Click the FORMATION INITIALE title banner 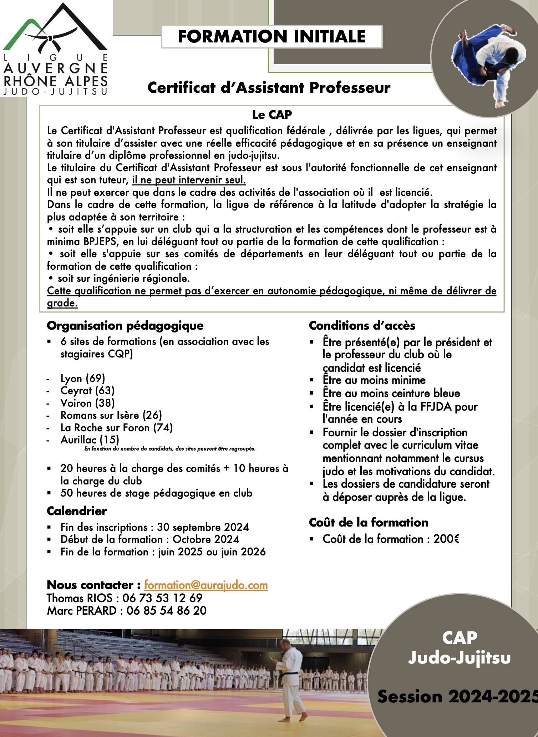pos(271,37)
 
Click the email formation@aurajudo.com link pos(206,585)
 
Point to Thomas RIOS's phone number pos(162,598)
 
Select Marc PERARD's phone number pos(166,610)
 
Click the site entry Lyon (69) pos(83,378)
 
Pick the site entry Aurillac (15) pos(90,439)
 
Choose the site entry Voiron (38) pos(87,403)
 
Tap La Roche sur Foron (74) pos(116,427)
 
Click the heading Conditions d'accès pos(362,325)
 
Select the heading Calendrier pos(77,511)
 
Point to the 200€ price pos(446,539)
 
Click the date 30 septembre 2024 pos(203,527)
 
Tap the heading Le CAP pos(272,115)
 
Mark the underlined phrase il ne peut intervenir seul pos(189,180)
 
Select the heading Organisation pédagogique pos(125,325)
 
